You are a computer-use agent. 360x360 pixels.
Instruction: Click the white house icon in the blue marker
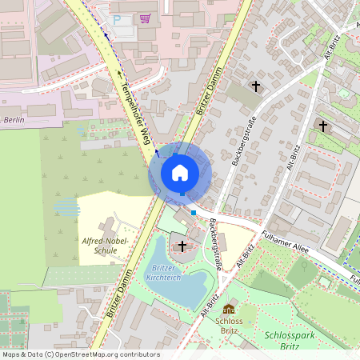click(x=180, y=172)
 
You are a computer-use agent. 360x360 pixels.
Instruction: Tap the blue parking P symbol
click(x=118, y=19)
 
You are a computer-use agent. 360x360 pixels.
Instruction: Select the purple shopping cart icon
click(x=145, y=18)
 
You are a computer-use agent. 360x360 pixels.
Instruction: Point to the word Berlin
click(x=15, y=119)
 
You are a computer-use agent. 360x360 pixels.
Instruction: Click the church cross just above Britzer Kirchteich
click(x=182, y=246)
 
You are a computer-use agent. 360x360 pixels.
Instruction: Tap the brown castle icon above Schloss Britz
click(x=230, y=310)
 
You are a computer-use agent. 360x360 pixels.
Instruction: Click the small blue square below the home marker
click(x=193, y=213)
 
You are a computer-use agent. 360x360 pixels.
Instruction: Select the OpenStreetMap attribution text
click(x=81, y=354)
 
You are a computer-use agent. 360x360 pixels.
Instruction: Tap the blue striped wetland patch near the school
click(x=67, y=207)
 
